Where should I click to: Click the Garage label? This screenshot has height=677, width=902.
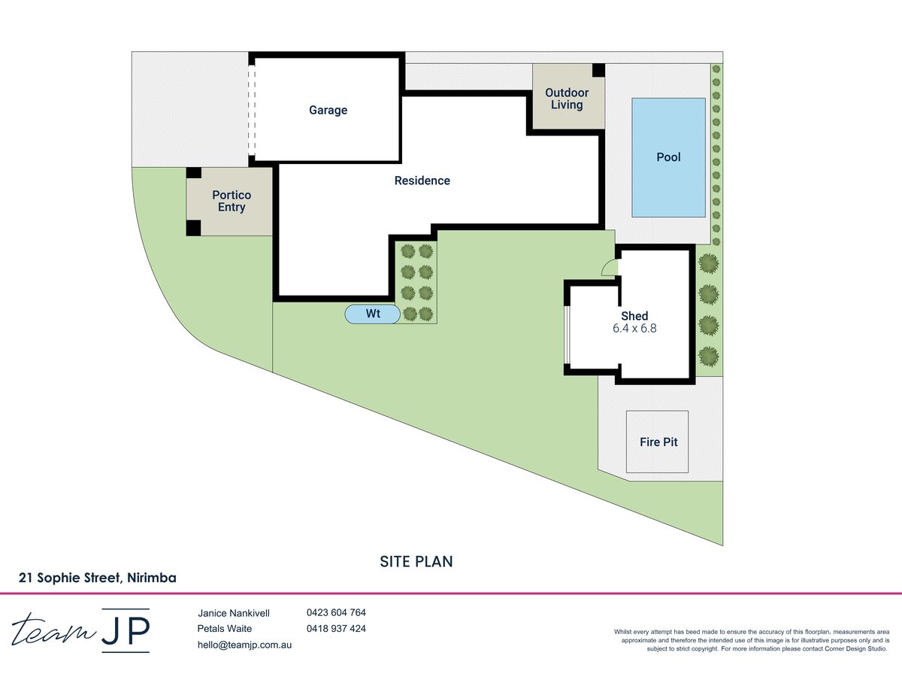tap(328, 110)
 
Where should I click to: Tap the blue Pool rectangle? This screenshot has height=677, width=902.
tap(668, 157)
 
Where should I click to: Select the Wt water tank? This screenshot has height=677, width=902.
tap(372, 314)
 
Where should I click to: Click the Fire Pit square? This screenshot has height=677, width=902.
tap(657, 442)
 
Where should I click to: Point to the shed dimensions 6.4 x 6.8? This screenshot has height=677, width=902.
tap(634, 329)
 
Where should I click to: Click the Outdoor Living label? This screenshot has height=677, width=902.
tap(567, 99)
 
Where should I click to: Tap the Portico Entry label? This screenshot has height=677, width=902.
tap(232, 201)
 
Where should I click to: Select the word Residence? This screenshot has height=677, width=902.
tap(422, 181)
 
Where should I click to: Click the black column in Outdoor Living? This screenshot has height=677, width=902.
tap(598, 70)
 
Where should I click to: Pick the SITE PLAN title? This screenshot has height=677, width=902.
tap(416, 561)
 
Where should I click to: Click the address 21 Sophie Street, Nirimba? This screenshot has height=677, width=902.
tap(98, 578)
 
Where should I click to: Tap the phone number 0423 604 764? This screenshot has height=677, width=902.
tap(336, 612)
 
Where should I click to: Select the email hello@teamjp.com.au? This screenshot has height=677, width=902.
tap(244, 645)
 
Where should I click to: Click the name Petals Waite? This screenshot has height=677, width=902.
tap(224, 629)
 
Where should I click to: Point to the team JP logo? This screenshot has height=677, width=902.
tap(81, 630)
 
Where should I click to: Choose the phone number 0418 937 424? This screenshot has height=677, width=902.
tap(336, 629)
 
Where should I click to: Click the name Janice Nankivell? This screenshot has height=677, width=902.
tap(234, 613)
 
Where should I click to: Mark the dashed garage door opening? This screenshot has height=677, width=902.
tap(252, 110)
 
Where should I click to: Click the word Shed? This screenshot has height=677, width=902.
tap(634, 316)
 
